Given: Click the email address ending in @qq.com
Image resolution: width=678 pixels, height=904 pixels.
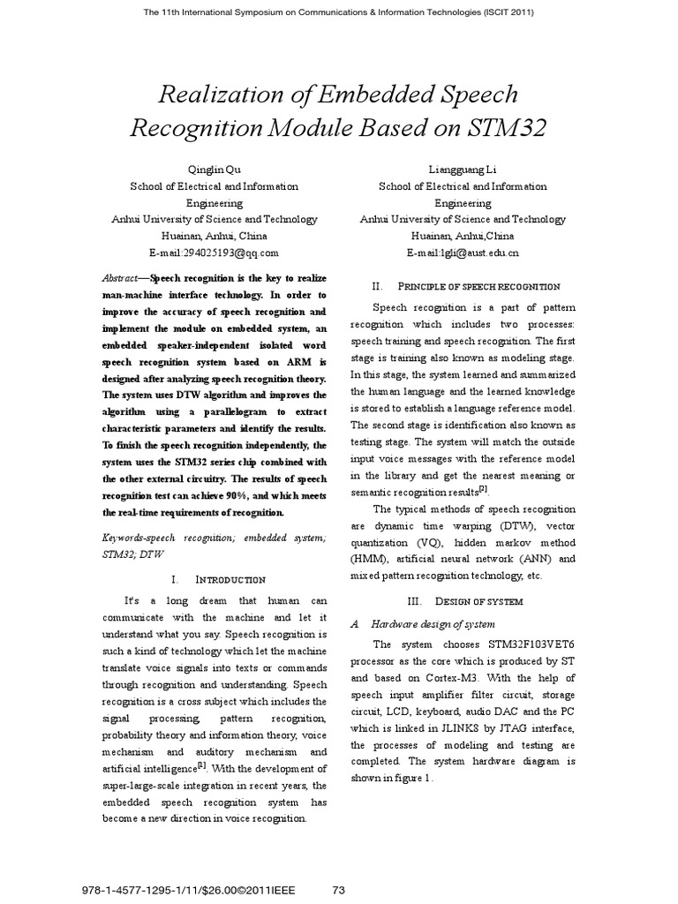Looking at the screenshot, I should [x=215, y=252].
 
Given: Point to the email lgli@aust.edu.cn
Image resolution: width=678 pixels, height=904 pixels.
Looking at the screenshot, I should [x=463, y=252].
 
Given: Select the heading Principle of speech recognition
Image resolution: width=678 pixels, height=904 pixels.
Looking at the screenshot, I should [x=478, y=286].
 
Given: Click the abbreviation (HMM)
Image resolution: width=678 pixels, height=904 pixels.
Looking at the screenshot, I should [x=370, y=559].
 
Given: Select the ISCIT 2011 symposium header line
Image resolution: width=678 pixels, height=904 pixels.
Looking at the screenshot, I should [x=338, y=11].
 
